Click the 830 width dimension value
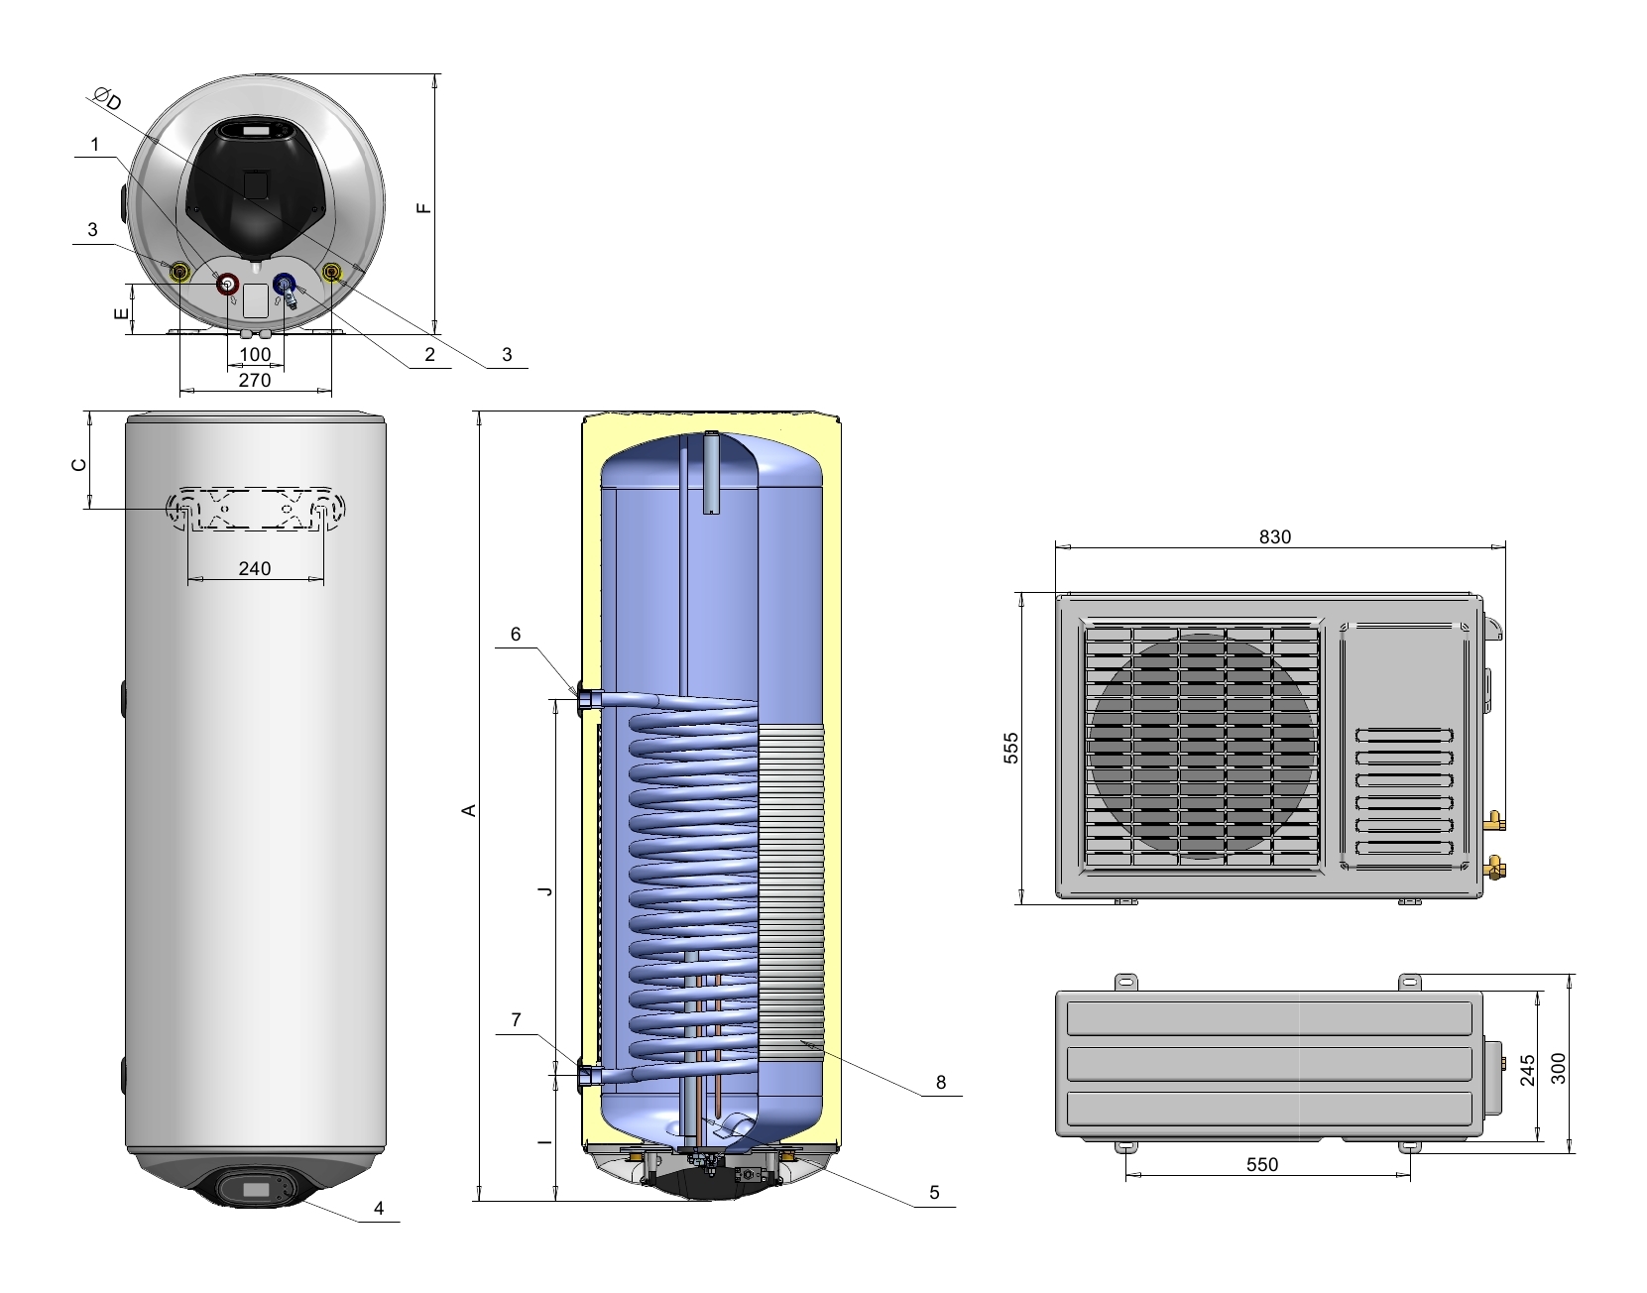(x=1274, y=537)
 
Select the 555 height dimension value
(x=1011, y=748)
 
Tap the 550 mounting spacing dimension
(x=1262, y=1165)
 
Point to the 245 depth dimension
(x=1528, y=1070)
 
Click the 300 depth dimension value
(x=1559, y=1069)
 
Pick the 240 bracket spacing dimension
(x=255, y=568)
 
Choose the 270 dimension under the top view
(x=255, y=380)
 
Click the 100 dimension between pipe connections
(x=255, y=355)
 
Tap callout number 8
(x=941, y=1083)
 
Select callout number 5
(x=934, y=1193)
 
